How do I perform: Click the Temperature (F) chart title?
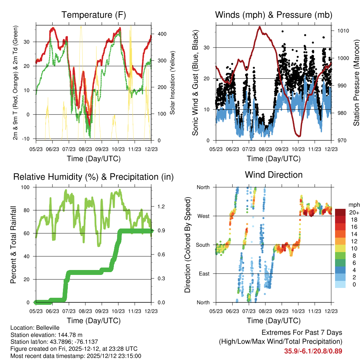click(x=94, y=15)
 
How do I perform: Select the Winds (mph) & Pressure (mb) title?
click(x=274, y=15)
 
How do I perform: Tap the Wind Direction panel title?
click(x=274, y=175)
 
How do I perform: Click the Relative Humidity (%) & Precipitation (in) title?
click(x=94, y=177)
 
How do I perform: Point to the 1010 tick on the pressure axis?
click(x=343, y=31)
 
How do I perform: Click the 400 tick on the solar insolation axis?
click(x=162, y=34)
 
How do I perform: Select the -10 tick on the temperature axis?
click(x=25, y=139)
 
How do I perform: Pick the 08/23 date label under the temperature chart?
click(x=85, y=149)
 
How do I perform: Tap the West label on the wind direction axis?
click(x=204, y=216)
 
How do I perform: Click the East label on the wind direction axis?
click(x=204, y=274)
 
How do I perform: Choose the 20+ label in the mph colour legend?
click(x=354, y=212)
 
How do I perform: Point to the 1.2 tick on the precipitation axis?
click(x=161, y=206)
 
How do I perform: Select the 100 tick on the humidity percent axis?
click(x=25, y=187)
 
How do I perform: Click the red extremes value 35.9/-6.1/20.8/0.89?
click(x=313, y=351)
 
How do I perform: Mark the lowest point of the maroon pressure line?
click(x=299, y=136)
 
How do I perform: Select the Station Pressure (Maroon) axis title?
click(x=356, y=83)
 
